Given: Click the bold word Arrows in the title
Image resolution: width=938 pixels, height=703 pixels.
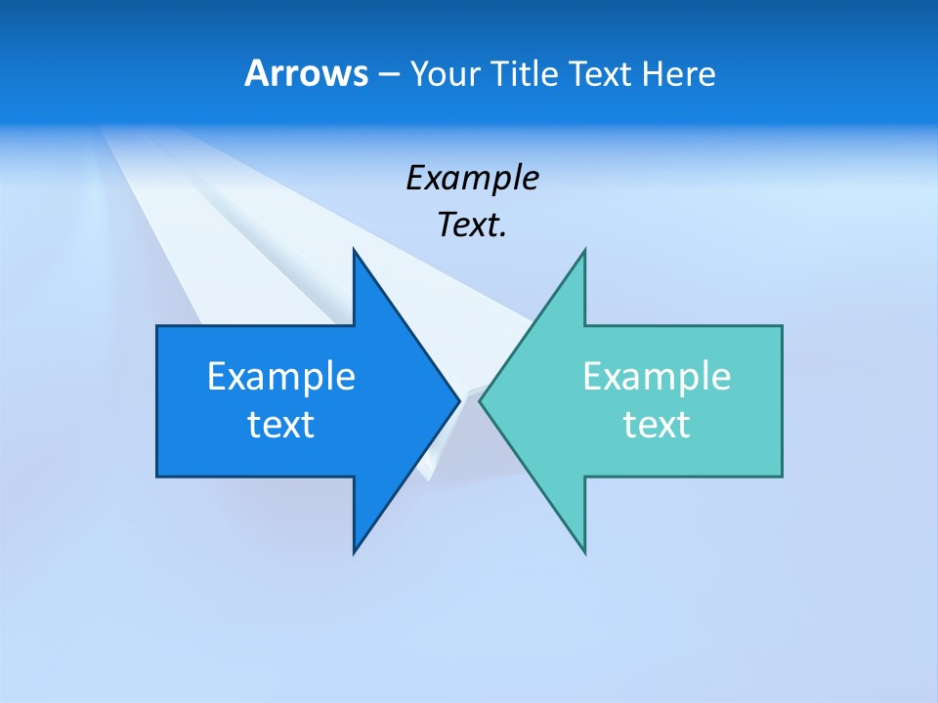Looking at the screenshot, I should coord(306,73).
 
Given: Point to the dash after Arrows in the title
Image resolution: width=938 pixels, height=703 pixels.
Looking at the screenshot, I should coord(388,74).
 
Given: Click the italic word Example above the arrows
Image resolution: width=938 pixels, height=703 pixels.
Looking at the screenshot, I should coord(472,178).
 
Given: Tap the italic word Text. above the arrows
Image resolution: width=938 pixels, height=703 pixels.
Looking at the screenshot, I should coord(472,226).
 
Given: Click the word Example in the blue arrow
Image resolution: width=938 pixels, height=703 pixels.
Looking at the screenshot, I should coord(281,377).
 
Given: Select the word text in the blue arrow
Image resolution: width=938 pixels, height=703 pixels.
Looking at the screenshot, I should coord(281,425).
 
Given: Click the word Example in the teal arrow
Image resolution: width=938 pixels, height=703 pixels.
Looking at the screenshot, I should coord(657,377).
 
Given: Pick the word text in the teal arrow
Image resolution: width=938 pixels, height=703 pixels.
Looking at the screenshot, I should coord(657,425).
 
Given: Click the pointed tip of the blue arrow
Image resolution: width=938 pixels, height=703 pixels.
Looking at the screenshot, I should coord(458,400).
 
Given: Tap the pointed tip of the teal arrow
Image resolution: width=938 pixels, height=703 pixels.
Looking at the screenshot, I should coord(481,400).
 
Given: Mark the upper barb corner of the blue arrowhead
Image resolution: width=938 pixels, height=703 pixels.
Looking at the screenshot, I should coord(354,250).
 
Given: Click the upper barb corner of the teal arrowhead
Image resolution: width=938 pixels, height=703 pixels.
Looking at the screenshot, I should coord(584,250).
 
